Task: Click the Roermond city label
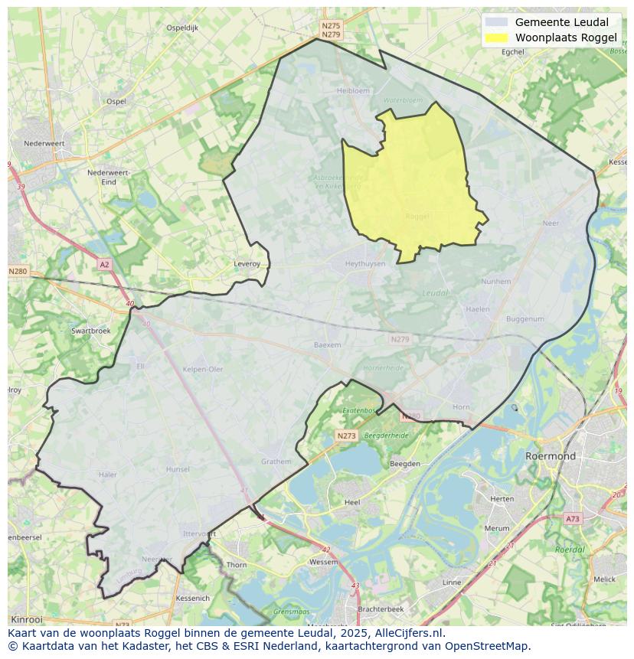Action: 550,456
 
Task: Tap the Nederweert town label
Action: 44,143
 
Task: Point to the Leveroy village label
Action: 247,264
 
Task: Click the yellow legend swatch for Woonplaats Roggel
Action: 496,38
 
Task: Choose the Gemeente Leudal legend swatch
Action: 496,22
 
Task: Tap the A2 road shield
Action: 104,264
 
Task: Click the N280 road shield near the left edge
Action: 18,271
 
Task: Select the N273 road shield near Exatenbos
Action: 346,436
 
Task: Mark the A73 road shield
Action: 572,519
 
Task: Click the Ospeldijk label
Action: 182,28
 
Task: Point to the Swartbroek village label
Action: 90,331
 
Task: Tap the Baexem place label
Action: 327,345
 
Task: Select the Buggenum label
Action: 525,319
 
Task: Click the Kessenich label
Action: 191,598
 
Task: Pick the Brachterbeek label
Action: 381,608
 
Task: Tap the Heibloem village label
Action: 353,90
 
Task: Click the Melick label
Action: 604,579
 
